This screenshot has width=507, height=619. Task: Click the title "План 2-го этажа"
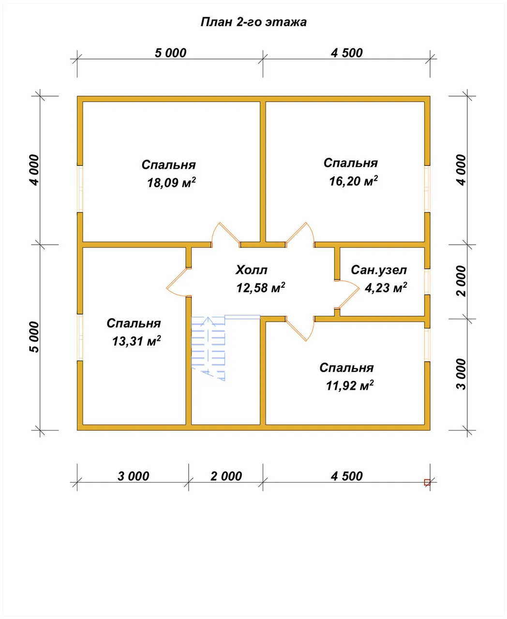click(x=253, y=22)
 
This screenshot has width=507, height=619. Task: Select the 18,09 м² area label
click(x=171, y=183)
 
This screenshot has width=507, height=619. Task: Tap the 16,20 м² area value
click(x=353, y=181)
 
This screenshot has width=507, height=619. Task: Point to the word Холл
click(x=251, y=270)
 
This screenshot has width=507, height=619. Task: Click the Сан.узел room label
click(x=379, y=270)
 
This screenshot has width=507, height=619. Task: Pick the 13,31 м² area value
click(x=136, y=341)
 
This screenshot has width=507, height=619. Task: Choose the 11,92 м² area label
click(x=350, y=385)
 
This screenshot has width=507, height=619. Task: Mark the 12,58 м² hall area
click(x=261, y=288)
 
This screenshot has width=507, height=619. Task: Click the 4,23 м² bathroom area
click(x=386, y=288)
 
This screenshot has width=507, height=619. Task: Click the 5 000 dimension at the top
click(x=171, y=53)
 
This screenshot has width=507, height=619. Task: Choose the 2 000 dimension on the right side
click(x=461, y=281)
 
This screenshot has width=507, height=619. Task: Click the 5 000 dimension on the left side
click(x=34, y=337)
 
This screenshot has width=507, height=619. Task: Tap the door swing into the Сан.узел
click(x=347, y=295)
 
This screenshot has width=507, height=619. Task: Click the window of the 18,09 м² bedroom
click(x=80, y=189)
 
